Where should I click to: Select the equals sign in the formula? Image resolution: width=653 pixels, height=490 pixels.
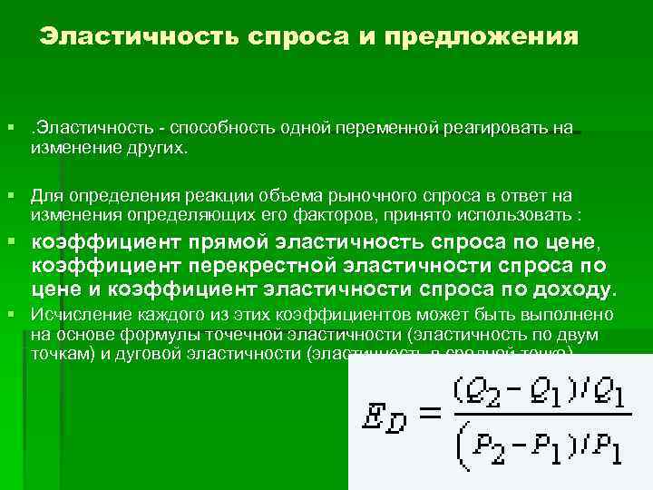pyautogui.click(x=431, y=413)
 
